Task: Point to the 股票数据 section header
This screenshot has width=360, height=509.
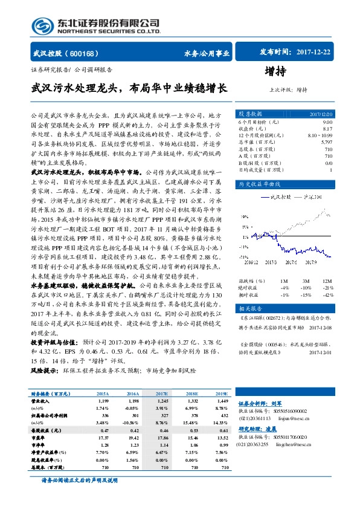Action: click(x=249, y=114)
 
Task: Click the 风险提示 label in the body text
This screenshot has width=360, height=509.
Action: click(x=43, y=368)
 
